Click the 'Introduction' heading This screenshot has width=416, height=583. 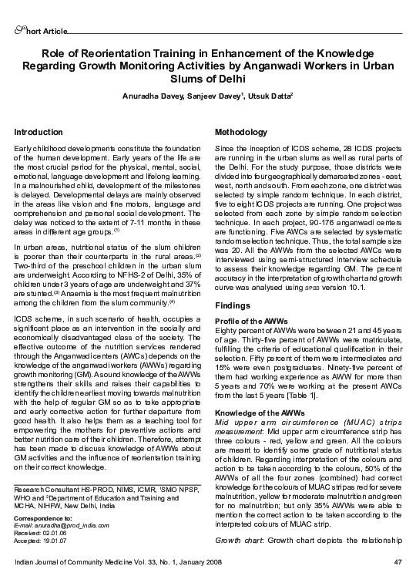click(x=39, y=133)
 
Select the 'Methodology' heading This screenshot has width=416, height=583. click(x=241, y=133)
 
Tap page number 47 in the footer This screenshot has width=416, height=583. click(x=398, y=561)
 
